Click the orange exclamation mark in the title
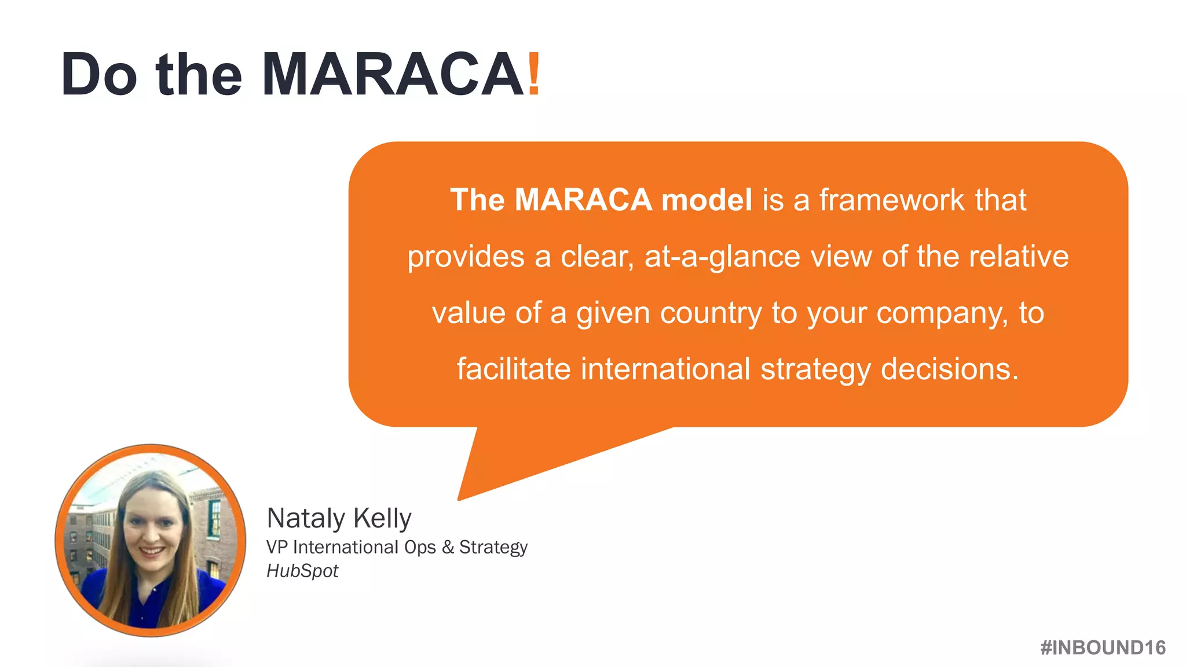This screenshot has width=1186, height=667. (534, 74)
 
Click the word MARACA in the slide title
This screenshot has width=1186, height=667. (393, 74)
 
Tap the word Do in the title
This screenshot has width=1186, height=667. (98, 74)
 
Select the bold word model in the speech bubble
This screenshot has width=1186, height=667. (707, 200)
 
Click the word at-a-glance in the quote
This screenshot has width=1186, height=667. (722, 256)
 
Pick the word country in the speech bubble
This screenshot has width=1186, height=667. (711, 313)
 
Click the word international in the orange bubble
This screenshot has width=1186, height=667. (665, 369)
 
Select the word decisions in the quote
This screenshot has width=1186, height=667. (949, 369)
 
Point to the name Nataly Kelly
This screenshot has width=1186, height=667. (339, 518)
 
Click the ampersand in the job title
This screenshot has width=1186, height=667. (448, 547)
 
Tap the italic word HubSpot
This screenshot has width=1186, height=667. (302, 571)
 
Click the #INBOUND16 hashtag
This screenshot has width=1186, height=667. (1103, 647)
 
